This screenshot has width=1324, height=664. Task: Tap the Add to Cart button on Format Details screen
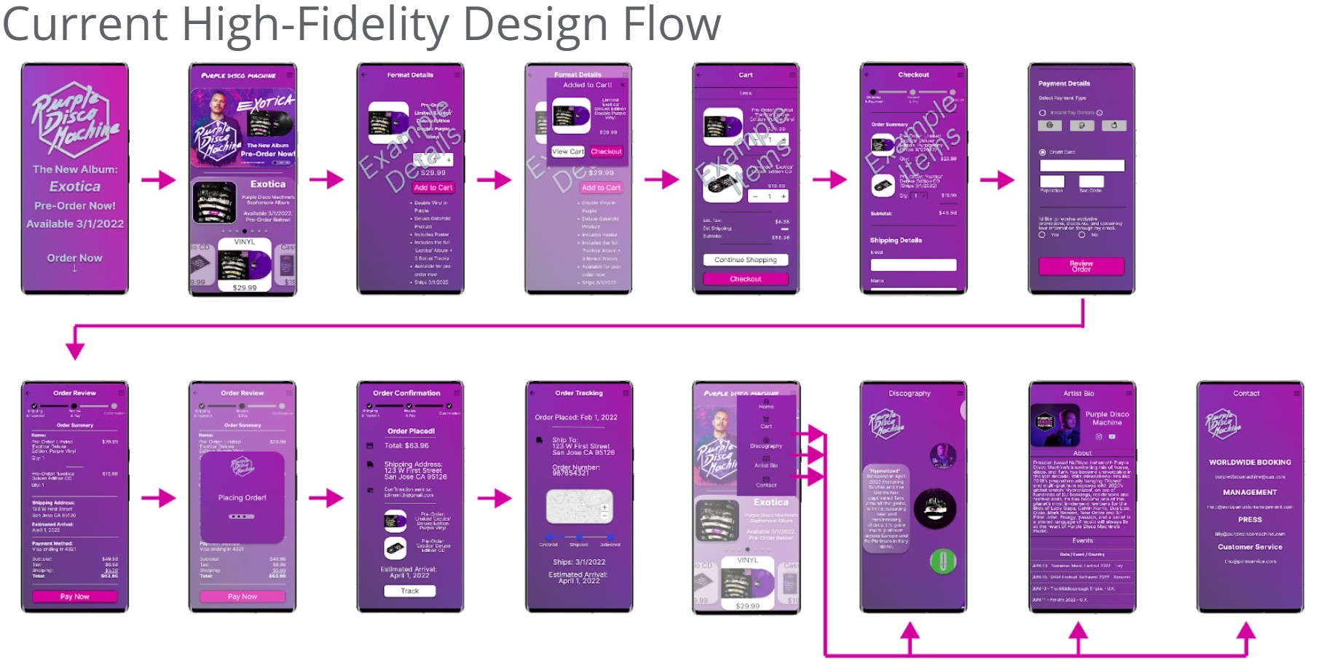433,188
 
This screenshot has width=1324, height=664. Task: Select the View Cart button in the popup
568,151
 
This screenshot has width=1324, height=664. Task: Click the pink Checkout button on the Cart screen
745,279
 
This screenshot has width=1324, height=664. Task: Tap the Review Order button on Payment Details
1081,266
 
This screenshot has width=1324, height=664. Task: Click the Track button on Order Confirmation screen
409,591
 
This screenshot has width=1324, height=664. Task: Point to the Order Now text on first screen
75,258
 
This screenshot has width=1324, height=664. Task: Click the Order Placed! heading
411,431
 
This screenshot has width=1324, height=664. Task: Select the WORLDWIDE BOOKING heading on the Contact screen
1250,462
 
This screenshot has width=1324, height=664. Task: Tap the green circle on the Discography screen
942,561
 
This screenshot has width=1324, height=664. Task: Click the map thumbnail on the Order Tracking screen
580,507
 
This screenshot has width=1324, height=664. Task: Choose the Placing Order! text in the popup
242,498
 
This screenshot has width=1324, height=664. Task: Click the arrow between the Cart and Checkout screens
830,179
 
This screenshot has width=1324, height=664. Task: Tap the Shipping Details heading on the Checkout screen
896,240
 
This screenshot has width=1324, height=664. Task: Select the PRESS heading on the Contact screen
1250,520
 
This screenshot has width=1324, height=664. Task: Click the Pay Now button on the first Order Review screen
74,596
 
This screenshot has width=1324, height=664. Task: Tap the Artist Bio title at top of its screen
1078,393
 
